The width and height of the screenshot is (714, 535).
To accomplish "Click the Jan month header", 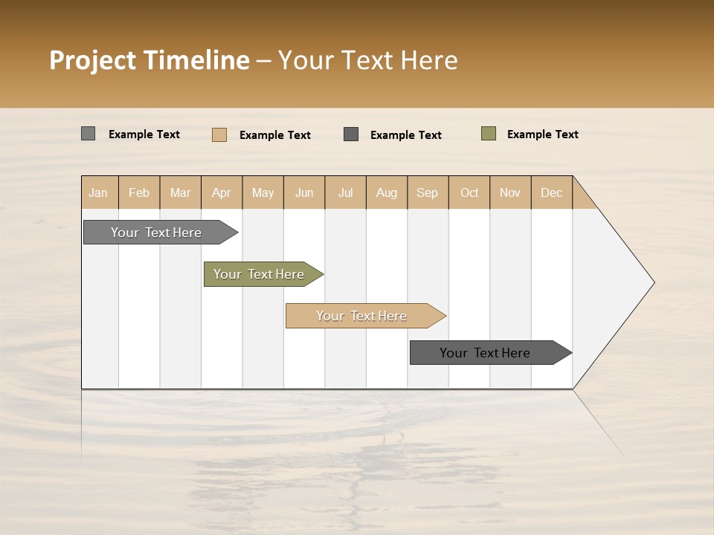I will (99, 192).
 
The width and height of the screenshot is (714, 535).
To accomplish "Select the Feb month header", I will (139, 192).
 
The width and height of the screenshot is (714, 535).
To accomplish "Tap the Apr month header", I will (222, 192).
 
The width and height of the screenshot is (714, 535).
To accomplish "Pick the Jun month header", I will (304, 192).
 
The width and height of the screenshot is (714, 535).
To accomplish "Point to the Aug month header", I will (387, 192).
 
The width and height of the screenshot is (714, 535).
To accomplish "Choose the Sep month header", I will (428, 192).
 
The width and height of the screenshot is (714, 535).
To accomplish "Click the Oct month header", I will (469, 192).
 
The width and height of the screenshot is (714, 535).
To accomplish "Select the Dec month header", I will (552, 192).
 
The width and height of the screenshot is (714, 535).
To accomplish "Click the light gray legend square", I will (88, 134).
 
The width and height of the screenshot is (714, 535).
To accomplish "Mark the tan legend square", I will (219, 134).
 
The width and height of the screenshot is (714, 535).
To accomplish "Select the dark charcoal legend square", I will (351, 134).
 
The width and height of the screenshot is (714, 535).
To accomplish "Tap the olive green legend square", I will (488, 134).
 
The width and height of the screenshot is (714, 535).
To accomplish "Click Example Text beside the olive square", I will (542, 134).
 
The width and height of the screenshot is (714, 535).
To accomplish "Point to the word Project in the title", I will (93, 60).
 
